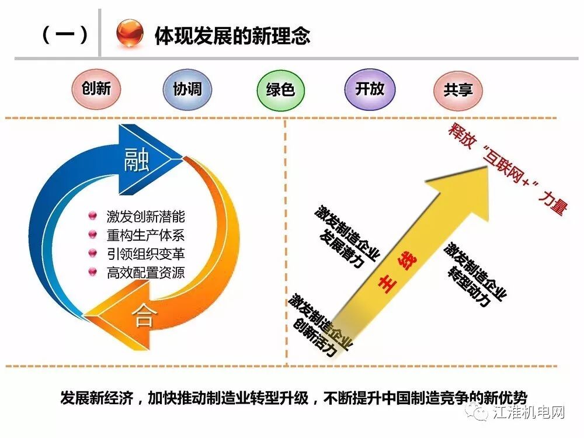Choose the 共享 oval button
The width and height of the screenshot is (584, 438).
click(x=458, y=90)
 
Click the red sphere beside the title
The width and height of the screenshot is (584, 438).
click(x=130, y=34)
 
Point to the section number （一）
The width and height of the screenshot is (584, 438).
click(x=65, y=34)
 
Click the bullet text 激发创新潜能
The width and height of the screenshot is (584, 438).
click(x=145, y=217)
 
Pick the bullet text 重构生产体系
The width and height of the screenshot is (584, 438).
click(x=145, y=235)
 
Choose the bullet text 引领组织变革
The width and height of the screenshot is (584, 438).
click(x=145, y=254)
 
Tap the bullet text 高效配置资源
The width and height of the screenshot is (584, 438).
click(x=145, y=272)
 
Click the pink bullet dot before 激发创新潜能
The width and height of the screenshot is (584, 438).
click(x=92, y=217)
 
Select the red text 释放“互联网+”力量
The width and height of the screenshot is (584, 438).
click(x=506, y=169)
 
